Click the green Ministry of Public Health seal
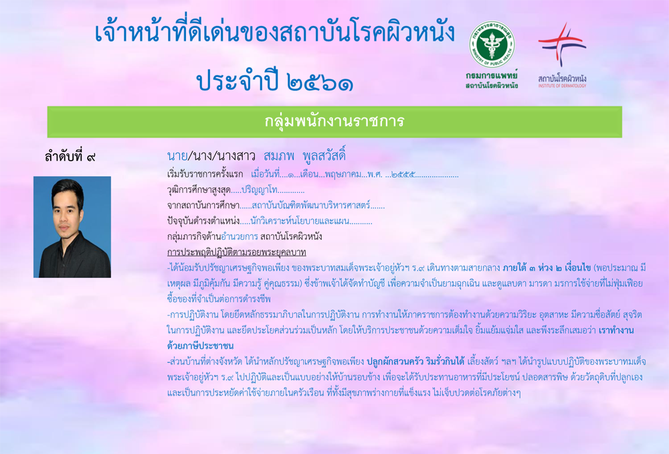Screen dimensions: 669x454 tap(492, 44)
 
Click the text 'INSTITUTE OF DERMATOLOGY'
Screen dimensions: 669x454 tap(562, 86)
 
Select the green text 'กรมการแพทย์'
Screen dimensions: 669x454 tap(492, 76)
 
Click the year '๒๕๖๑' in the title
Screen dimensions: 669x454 tap(320, 82)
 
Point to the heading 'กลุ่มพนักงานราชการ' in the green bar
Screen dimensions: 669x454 tap(334, 121)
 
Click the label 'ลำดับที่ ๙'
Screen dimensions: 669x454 tap(70, 157)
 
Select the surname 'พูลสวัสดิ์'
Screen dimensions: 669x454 tap(324, 155)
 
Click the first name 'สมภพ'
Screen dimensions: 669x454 tap(279, 156)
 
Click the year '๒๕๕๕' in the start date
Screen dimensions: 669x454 tap(403, 174)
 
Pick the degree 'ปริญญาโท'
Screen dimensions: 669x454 tap(260, 190)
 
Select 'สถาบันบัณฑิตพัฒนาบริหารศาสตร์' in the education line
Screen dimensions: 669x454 tap(311, 206)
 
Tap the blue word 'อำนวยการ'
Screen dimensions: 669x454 tap(240, 236)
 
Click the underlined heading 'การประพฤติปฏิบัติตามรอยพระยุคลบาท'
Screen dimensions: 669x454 tap(237, 252)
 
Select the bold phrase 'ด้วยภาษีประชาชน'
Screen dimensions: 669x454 tap(200, 346)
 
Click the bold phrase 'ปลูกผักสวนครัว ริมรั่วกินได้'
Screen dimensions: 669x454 tap(415, 362)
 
